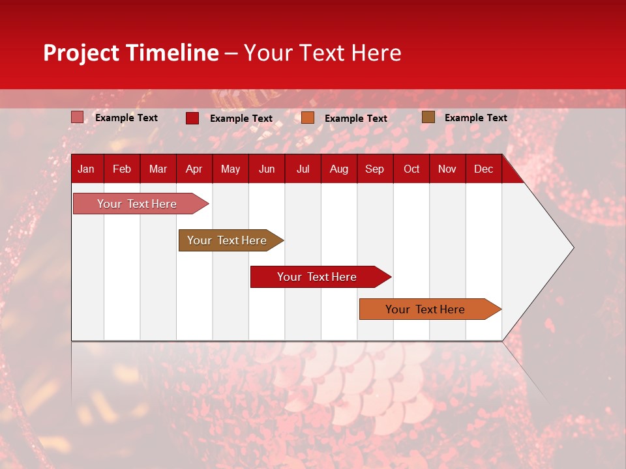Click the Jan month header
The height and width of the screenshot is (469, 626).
tap(86, 169)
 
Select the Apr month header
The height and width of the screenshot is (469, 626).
tap(194, 169)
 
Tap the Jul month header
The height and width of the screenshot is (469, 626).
tap(303, 169)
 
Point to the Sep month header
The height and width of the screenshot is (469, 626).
tap(374, 169)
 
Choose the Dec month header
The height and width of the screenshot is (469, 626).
tap(483, 169)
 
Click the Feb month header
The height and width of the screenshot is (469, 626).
tap(122, 169)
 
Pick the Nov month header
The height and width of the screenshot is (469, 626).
tap(447, 169)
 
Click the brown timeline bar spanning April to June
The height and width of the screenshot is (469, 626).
tap(228, 240)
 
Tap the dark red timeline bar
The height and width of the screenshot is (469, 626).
tap(318, 277)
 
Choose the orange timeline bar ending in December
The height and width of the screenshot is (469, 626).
tap(427, 309)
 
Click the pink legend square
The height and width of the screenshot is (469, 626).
tap(77, 117)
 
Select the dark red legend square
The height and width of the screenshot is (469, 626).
tap(192, 118)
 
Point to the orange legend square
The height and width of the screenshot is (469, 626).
tap(307, 118)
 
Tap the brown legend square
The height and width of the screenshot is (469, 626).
tap(428, 117)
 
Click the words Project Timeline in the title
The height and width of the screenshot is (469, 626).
tap(131, 53)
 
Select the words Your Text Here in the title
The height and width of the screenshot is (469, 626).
tap(322, 53)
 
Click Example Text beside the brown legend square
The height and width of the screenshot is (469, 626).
tap(475, 118)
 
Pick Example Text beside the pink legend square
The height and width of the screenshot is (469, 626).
tap(127, 118)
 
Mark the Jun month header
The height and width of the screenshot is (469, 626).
tap(267, 169)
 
